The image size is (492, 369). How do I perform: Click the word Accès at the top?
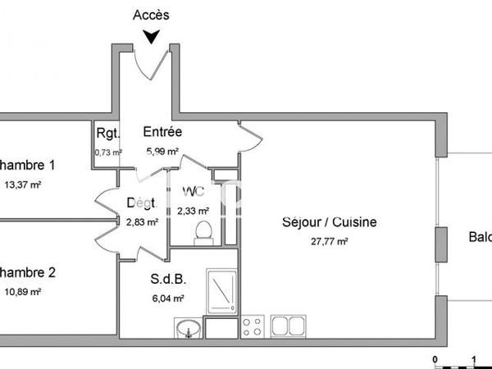[x=151, y=15]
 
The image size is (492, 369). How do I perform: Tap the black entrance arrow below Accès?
[x=151, y=37]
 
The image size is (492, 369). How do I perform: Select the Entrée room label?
[x=162, y=132]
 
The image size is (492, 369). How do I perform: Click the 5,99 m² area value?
[x=162, y=151]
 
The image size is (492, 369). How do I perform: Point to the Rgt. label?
[x=107, y=134]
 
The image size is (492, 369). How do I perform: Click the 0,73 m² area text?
[x=107, y=152]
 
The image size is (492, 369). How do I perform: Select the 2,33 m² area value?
[x=192, y=211]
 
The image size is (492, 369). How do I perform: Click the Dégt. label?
[x=141, y=203]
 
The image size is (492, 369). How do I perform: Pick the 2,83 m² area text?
[x=142, y=221]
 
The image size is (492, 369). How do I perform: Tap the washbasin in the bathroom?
[x=188, y=330]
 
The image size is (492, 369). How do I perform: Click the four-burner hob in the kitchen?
[x=253, y=326]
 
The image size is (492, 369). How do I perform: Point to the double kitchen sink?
[x=288, y=326]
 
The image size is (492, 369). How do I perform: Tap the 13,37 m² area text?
[x=22, y=184]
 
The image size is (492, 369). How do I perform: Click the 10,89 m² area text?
[x=22, y=291]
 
